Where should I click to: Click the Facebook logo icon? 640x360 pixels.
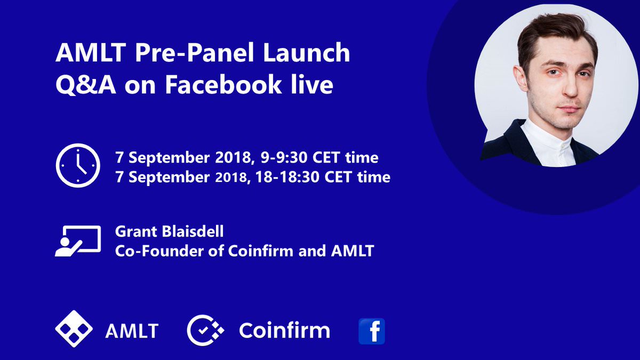(x=372, y=331)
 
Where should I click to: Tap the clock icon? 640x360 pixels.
(x=78, y=165)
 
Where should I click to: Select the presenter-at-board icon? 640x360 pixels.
(x=78, y=241)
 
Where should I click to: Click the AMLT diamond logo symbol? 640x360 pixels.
(x=74, y=329)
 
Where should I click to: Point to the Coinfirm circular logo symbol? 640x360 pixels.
(x=205, y=330)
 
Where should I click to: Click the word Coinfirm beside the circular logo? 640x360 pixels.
(x=285, y=331)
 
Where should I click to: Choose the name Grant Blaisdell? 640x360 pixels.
(x=169, y=231)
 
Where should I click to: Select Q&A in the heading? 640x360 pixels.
(x=86, y=85)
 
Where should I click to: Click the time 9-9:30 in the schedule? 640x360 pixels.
(x=284, y=158)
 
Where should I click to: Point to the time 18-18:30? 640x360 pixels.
(x=287, y=177)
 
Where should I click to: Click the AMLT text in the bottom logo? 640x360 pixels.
(x=132, y=331)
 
